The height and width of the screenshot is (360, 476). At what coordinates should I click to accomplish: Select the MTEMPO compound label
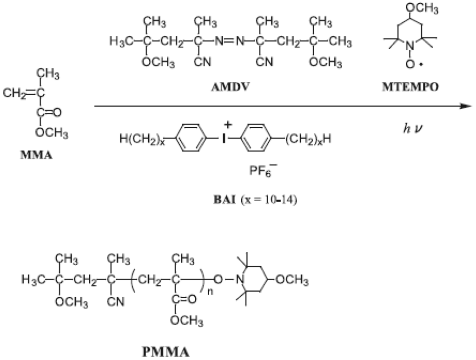(416, 87)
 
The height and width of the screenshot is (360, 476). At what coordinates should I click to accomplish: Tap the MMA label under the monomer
(36, 155)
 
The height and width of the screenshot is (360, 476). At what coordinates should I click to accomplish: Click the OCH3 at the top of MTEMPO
(417, 8)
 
